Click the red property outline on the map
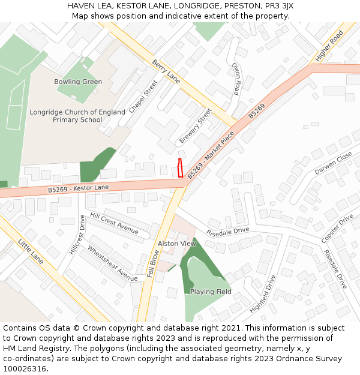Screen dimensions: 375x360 point(180,168)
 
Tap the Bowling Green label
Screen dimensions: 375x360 point(78,82)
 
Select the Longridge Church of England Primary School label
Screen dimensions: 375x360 point(77,116)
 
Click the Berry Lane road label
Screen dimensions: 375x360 point(166,71)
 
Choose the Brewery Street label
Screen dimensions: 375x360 point(195,126)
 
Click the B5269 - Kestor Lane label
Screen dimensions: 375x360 point(79,189)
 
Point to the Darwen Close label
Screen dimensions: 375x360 point(333,163)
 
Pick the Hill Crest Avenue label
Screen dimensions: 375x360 point(114,223)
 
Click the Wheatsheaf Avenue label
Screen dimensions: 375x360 point(112,263)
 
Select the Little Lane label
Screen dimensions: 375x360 point(30,251)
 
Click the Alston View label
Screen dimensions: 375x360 point(176,244)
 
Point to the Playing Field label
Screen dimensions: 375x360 point(211,292)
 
